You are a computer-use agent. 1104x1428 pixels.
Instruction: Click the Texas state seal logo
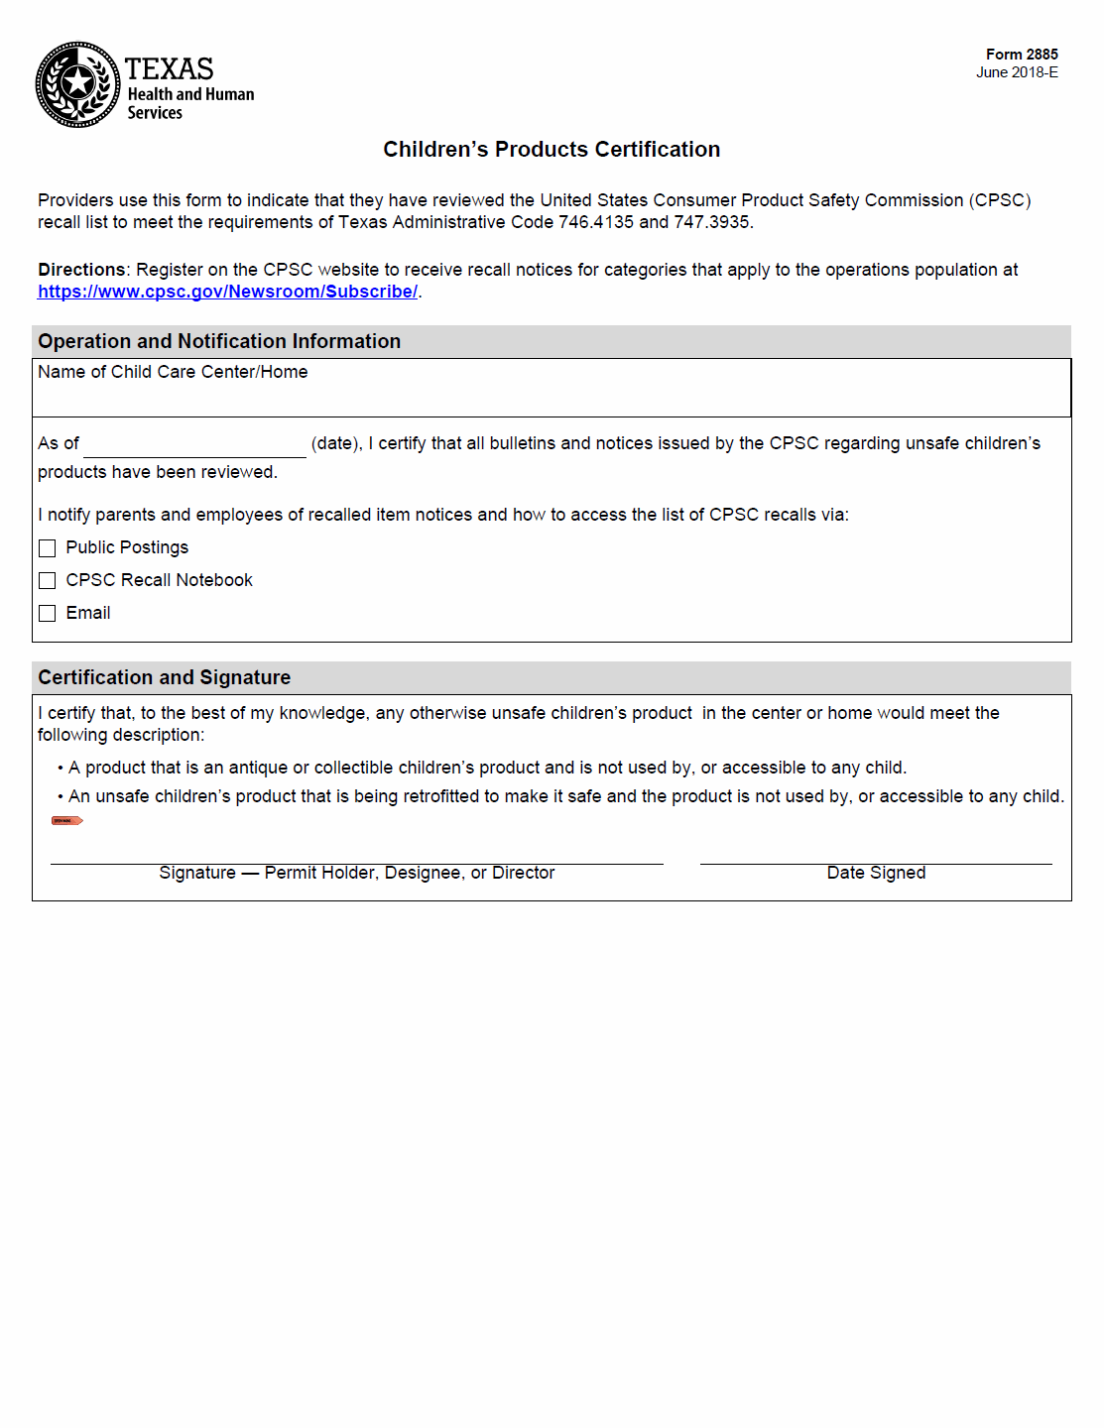point(77,84)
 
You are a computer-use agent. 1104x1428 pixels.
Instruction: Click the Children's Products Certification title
point(552,150)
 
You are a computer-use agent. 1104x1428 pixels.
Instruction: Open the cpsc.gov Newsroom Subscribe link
point(227,292)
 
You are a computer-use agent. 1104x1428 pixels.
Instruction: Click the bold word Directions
point(81,270)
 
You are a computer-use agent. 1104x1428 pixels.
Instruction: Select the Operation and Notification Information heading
point(219,341)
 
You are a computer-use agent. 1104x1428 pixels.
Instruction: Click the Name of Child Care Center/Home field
point(551,396)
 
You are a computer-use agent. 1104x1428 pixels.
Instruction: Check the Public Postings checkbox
point(48,548)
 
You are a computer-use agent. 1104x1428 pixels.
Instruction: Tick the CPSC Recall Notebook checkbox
point(48,581)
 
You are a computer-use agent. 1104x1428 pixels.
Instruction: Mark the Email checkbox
point(48,614)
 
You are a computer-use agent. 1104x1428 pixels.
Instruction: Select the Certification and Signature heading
point(165,677)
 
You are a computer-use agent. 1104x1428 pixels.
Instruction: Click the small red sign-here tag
point(66,821)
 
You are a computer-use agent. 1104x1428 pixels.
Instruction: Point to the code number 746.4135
point(595,222)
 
